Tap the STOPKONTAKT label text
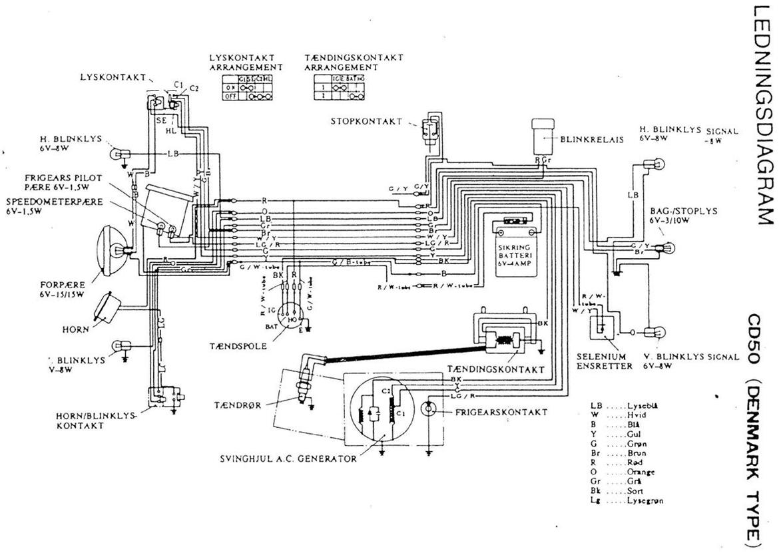tap(366, 121)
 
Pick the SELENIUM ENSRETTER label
tap(604, 361)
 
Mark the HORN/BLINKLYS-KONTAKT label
tap(96, 421)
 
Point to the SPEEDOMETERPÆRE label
tap(54, 206)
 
